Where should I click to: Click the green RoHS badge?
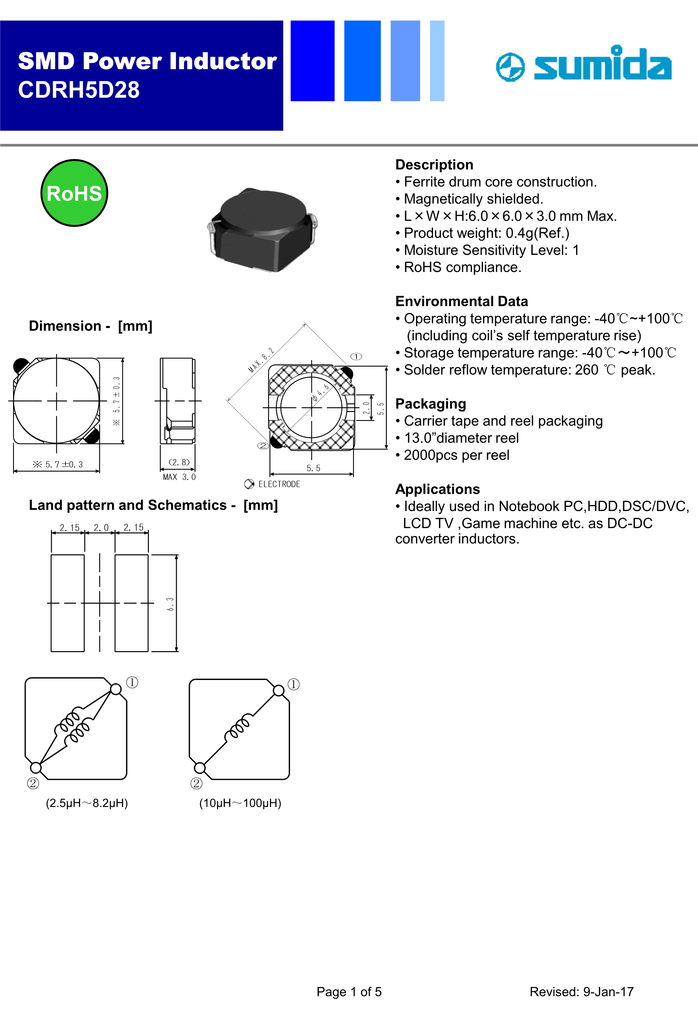point(74,193)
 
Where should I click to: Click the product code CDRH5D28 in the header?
point(79,90)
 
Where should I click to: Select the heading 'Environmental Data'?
point(461,301)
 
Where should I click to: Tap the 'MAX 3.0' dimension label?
point(179,477)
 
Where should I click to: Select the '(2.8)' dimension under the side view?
point(179,462)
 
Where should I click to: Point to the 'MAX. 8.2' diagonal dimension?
point(261,360)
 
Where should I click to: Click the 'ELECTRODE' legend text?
point(279,484)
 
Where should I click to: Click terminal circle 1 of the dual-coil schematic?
point(116,689)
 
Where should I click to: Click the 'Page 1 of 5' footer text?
point(349,992)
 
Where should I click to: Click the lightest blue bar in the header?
point(437,61)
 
